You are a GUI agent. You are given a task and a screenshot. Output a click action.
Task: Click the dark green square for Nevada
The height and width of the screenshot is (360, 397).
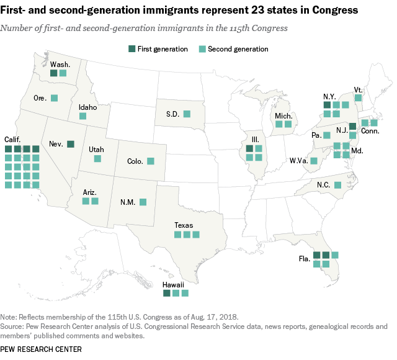coord(71,144)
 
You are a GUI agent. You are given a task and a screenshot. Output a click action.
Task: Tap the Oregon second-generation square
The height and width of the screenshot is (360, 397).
coord(54,98)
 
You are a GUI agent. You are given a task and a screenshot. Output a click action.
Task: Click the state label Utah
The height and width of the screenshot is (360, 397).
coord(96,150)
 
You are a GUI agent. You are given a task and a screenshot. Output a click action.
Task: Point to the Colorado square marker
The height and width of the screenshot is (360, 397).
coord(150,161)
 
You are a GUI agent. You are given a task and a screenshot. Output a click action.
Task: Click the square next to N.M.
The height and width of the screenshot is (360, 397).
coord(143,202)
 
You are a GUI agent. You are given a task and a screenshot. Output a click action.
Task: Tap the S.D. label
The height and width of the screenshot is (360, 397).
coord(173,114)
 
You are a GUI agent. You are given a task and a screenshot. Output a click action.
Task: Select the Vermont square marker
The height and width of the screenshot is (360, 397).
coord(358,97)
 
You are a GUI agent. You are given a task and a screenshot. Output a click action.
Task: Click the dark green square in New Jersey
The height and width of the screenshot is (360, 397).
coord(352,127)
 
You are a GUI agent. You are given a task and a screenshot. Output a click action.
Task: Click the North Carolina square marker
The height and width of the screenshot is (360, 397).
coord(337,185)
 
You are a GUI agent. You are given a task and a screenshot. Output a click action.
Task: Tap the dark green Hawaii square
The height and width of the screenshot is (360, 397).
coord(166,293)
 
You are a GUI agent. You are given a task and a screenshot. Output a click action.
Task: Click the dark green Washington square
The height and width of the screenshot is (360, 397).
coord(54,73)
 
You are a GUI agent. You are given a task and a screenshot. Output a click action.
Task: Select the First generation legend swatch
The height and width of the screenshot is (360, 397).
coord(132,49)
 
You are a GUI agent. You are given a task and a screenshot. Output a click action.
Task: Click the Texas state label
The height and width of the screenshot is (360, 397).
coord(184,225)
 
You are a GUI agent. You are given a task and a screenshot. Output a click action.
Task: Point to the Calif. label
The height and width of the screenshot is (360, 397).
coord(14,139)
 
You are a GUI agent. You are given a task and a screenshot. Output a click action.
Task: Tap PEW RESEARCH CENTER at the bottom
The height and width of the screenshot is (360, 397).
coord(42,349)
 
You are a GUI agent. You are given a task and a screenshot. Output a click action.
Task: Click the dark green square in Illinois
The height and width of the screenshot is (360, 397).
coord(249,148)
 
